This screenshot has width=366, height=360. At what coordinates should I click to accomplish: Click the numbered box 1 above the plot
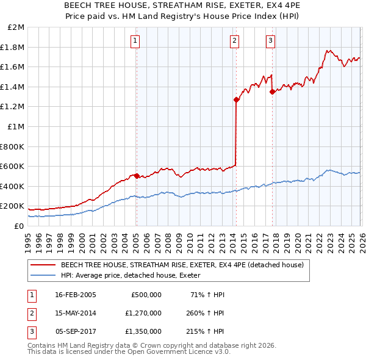tap(135, 41)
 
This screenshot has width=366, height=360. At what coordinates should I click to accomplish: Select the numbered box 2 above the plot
tap(234, 41)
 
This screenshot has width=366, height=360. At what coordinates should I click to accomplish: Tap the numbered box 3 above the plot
tap(270, 41)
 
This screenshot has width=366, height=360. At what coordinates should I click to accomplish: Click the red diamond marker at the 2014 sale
tap(236, 99)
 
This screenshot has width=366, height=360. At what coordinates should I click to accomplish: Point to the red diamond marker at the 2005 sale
tap(137, 176)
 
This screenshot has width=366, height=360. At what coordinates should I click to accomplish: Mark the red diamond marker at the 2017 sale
tap(272, 92)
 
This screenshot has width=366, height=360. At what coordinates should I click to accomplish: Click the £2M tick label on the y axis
tap(16, 27)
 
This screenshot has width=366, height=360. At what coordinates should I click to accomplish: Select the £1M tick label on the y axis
tap(16, 126)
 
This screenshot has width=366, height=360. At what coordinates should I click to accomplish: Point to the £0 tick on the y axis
tap(20, 226)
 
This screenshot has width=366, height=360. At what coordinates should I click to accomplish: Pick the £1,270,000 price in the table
tap(143, 313)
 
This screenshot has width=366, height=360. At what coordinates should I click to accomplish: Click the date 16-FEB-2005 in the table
tap(76, 295)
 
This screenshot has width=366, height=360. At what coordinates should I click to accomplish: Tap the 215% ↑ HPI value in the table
tap(206, 331)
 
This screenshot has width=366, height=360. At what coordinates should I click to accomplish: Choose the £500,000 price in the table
tap(146, 295)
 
